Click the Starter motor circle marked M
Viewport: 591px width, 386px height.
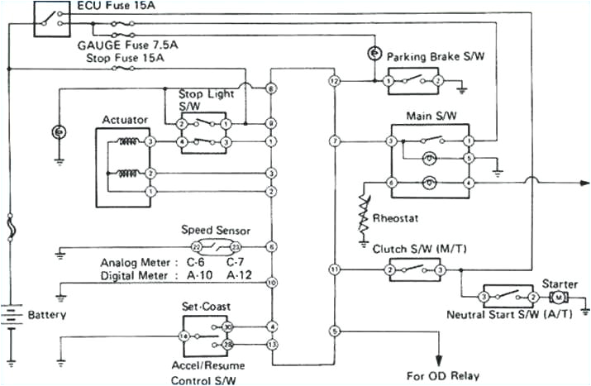pos(558,297)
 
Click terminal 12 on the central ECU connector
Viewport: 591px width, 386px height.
pos(334,82)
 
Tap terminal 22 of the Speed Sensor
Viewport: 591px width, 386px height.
pos(196,246)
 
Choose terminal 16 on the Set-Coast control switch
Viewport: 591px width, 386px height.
pos(184,336)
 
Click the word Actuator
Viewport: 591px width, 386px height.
pos(125,120)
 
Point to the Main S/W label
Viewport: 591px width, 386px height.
pos(427,115)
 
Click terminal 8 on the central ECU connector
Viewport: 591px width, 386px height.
pos(271,88)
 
